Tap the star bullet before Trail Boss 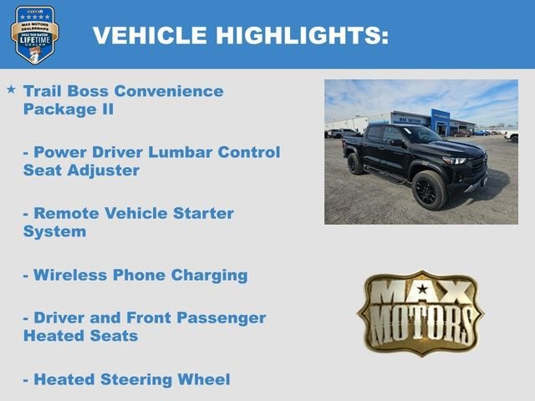point(11,88)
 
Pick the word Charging point(209,275)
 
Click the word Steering point(140,379)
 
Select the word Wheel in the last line point(205,379)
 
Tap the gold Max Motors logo point(420,312)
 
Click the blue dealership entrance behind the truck point(440,122)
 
